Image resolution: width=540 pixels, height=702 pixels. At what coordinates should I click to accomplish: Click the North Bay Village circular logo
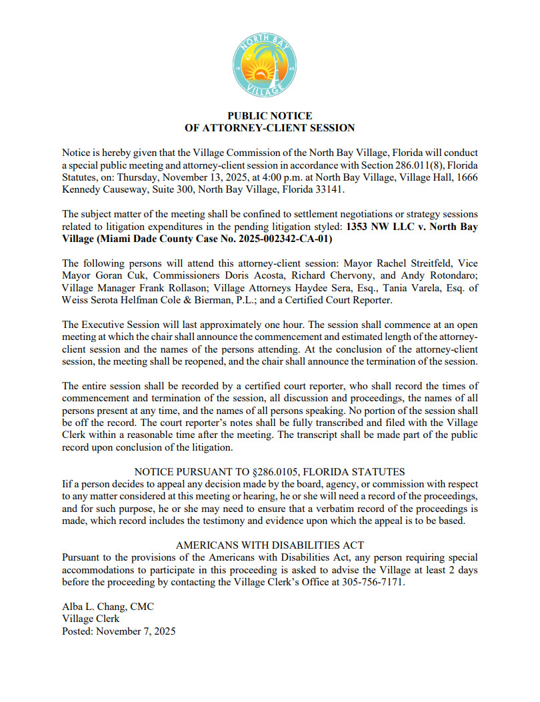click(269, 64)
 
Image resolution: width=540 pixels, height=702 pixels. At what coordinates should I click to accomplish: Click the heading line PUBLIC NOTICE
click(269, 116)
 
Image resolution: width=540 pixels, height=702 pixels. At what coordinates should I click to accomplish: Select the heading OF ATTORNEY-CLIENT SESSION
click(269, 127)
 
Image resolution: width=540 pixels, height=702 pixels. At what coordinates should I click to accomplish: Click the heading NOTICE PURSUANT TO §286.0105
click(269, 472)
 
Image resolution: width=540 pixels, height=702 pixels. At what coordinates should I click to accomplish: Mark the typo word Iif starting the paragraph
click(67, 484)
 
